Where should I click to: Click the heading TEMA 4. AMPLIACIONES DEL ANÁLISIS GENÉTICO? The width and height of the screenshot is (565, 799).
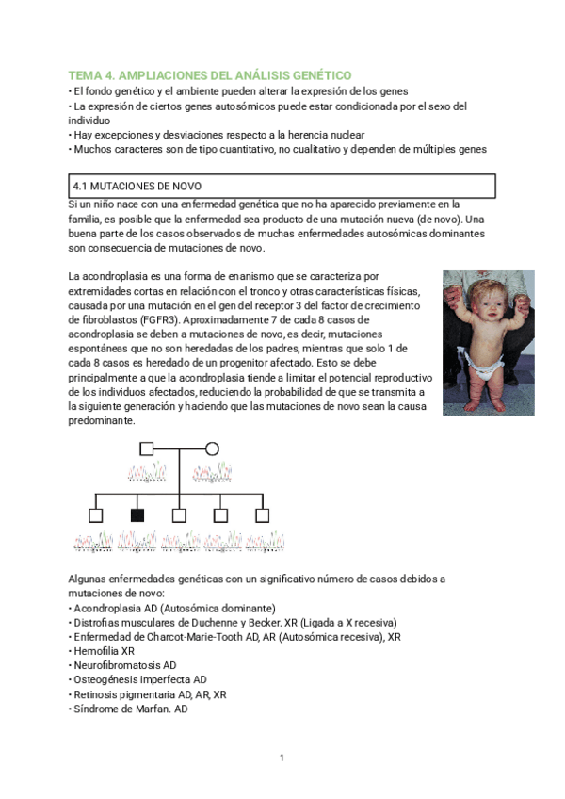[210, 74]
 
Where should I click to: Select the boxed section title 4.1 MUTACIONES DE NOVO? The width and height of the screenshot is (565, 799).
[137, 186]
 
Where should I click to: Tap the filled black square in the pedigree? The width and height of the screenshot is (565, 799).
[137, 514]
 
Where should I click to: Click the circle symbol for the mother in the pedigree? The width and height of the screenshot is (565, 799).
[213, 448]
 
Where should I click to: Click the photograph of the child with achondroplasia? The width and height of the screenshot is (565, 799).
[488, 343]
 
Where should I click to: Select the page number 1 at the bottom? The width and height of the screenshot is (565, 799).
[282, 758]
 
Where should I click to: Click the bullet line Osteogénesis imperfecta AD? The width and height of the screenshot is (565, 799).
[139, 679]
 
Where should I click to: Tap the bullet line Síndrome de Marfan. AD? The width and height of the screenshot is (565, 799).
[130, 709]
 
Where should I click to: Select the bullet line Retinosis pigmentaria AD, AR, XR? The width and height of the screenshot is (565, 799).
[149, 694]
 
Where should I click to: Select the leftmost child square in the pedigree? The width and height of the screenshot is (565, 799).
[95, 514]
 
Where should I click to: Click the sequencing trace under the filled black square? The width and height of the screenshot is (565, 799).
[137, 540]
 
